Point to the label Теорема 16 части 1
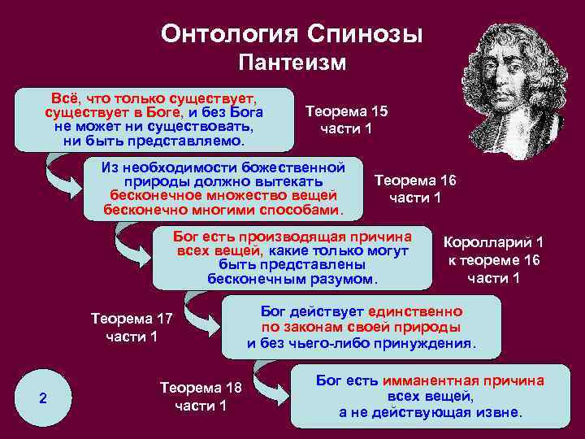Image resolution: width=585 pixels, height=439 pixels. pos(415,189)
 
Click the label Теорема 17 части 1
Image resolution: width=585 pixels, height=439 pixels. pos(132,328)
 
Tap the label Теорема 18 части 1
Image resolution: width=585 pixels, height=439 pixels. pos(201,397)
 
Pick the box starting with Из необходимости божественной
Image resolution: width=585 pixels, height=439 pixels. pos(223,189)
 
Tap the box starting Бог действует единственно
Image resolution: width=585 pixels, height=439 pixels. pos(362,328)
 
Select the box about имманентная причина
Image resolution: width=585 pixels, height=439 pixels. pos(430,397)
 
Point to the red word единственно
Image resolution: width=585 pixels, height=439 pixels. pos(415,311)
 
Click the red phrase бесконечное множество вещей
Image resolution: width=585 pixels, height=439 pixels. pos(223,196)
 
